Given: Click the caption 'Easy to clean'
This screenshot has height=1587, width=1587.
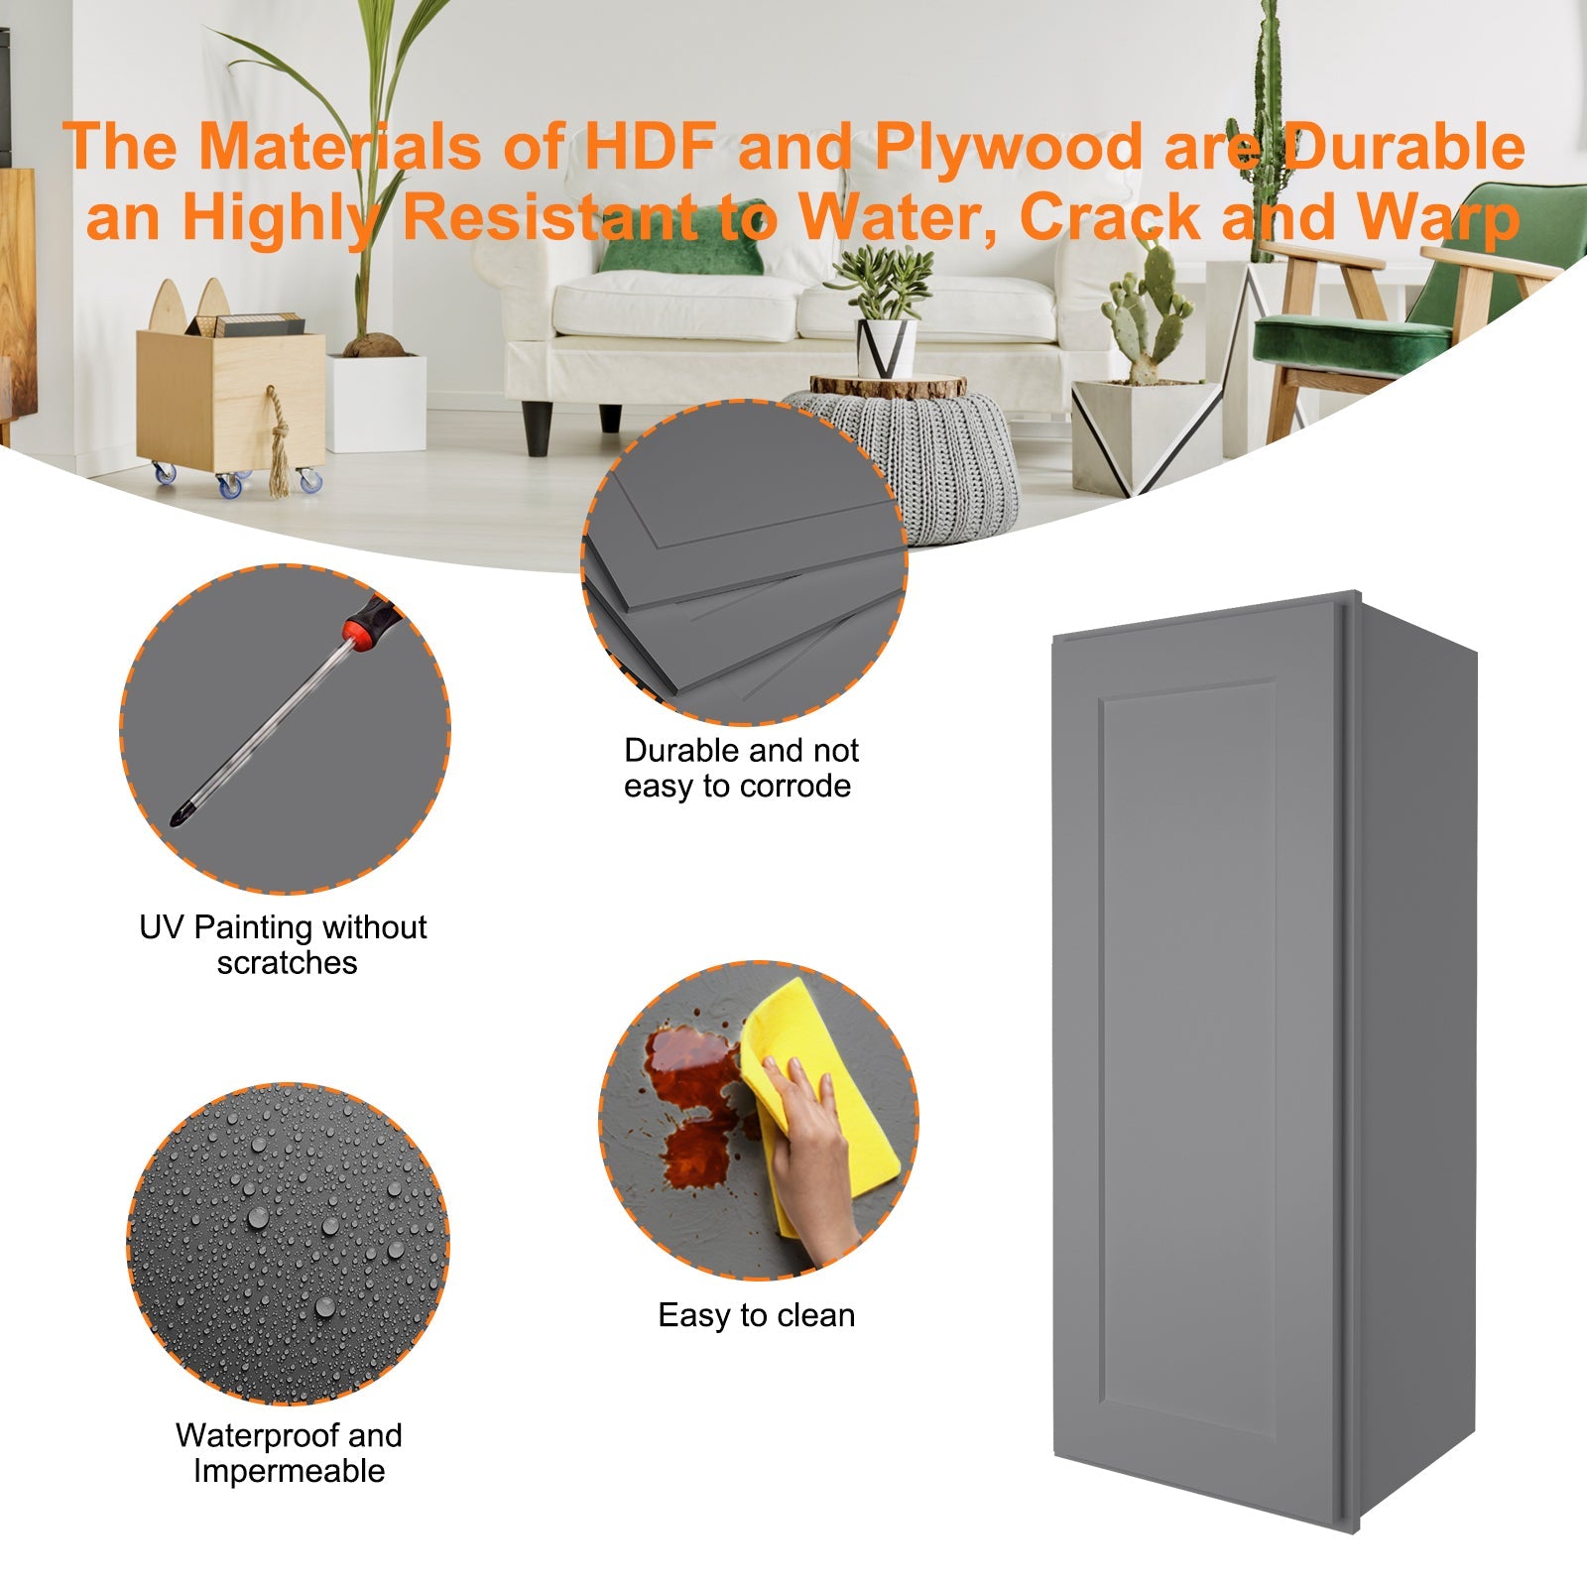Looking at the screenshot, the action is coord(756,1315).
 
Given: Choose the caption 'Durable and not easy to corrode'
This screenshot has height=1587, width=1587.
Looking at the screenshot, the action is coord(740,768).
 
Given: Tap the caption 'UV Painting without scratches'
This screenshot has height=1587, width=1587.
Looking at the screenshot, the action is coord(284,944).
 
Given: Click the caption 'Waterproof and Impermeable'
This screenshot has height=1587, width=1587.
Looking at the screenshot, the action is coord(289,1452).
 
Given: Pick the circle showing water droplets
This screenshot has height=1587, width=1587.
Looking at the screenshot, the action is coord(288,1244).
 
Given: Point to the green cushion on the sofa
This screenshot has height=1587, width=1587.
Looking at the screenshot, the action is coord(682,248).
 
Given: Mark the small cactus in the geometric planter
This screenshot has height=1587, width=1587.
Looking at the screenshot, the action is coord(1149,307).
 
